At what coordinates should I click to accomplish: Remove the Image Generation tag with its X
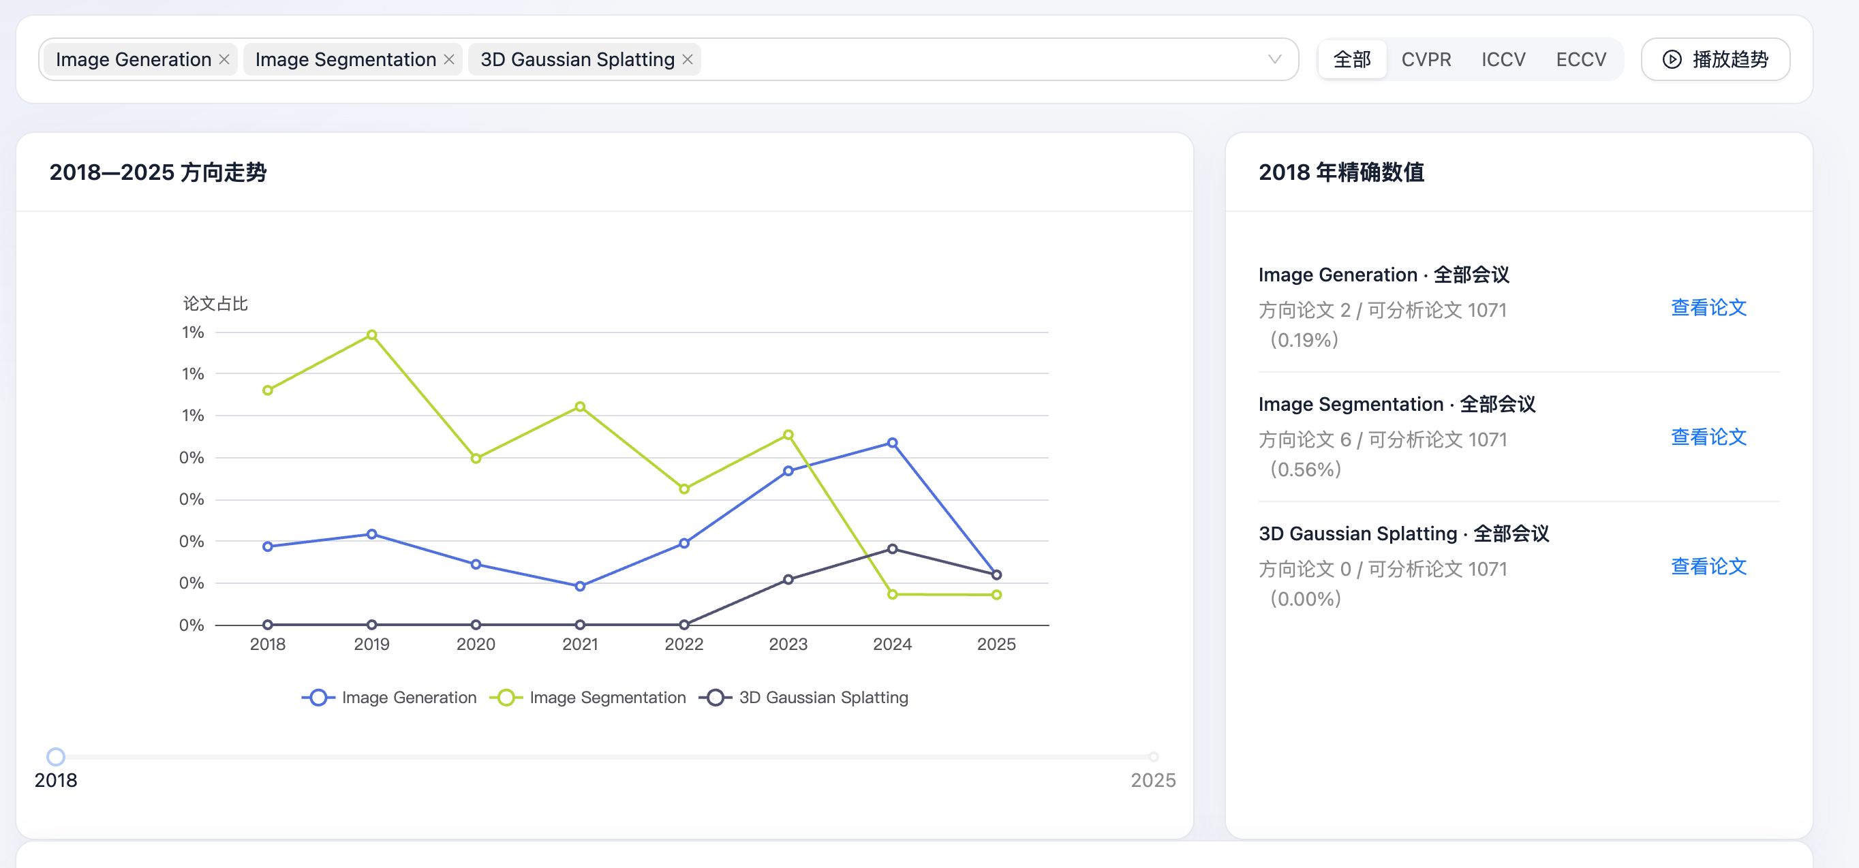click(224, 59)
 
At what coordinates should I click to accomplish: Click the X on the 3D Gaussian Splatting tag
click(688, 59)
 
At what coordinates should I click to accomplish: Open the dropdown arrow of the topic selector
click(1274, 59)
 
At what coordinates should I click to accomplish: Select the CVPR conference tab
click(1426, 59)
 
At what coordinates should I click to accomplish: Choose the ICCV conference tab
click(1503, 59)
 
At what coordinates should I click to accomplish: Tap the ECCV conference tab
click(1581, 59)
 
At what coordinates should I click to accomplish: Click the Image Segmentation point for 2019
click(371, 335)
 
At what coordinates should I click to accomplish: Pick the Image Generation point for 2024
click(893, 443)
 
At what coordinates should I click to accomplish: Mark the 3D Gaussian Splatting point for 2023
click(788, 579)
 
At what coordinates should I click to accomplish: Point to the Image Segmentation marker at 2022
click(684, 489)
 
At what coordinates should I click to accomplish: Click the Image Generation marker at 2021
click(580, 587)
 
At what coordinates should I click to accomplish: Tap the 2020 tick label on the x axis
click(476, 645)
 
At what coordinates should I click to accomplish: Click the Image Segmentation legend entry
click(588, 698)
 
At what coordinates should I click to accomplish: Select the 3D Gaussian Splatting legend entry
click(804, 698)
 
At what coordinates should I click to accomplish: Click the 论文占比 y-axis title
click(215, 304)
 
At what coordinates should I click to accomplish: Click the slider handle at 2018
click(56, 757)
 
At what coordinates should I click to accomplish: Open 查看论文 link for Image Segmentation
click(1708, 437)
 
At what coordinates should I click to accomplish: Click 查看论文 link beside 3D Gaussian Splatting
click(1708, 567)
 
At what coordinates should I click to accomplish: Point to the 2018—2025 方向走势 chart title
click(158, 172)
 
